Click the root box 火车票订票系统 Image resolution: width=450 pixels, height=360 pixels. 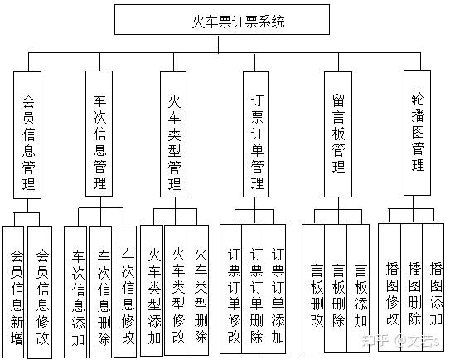coord(222,20)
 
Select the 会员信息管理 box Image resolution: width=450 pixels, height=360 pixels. coord(27,135)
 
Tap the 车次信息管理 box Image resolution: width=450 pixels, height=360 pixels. coord(99,134)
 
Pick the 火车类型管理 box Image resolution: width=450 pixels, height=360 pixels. coord(173,134)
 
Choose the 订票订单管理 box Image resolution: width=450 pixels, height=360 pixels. coord(256,134)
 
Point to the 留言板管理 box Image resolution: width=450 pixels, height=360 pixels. coord(338,134)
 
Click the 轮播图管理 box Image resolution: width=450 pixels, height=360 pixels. coord(418,133)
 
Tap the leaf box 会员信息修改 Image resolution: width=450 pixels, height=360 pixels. coord(40,293)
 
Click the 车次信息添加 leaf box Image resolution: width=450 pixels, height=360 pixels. coord(75,292)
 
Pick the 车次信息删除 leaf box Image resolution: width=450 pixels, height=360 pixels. coord(100,292)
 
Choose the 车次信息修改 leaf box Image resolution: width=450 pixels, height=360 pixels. coord(125,291)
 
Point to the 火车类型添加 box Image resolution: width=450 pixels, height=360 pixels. coord(152,290)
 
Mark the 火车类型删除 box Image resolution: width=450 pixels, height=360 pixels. coord(197,290)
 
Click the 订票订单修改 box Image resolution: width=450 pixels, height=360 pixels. coord(231,289)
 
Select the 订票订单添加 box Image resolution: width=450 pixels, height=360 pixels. coord(275,289)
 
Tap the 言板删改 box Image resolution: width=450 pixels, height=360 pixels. coord(313,288)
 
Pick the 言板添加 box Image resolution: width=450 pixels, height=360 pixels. coord(358,288)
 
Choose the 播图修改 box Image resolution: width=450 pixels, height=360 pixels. coord(390,287)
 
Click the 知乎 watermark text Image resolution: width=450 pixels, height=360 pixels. coord(374,341)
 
